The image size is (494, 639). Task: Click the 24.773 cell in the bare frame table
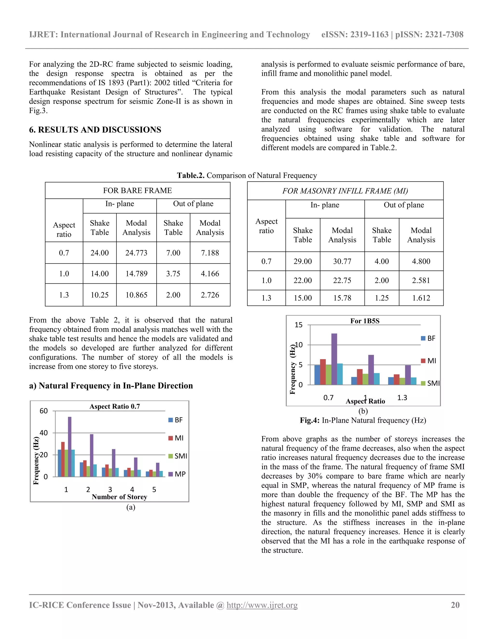[x=136, y=253]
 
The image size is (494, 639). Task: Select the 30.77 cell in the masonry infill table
[x=342, y=261]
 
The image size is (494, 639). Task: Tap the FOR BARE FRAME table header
[x=137, y=190]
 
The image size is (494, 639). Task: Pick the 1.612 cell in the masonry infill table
[x=421, y=298]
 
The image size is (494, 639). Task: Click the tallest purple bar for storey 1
[x=70, y=447]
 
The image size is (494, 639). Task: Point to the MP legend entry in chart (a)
[x=177, y=474]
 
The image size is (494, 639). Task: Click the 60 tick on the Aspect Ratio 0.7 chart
[x=44, y=411]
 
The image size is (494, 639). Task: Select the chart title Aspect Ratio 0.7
[x=115, y=406]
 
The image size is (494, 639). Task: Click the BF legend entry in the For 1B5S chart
[x=428, y=338]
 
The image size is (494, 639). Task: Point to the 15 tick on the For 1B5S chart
[x=299, y=325]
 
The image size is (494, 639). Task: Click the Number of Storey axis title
[x=119, y=497]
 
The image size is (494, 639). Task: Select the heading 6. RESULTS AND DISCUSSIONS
[x=95, y=130]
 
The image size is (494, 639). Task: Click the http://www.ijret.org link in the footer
[x=262, y=605]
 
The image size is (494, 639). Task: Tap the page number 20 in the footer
[x=455, y=605]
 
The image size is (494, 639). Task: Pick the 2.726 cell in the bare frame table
[x=210, y=295]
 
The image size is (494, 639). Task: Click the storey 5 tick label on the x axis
[x=154, y=489]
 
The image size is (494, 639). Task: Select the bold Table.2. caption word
[x=191, y=175]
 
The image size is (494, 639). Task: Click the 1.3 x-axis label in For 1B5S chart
[x=402, y=398]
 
